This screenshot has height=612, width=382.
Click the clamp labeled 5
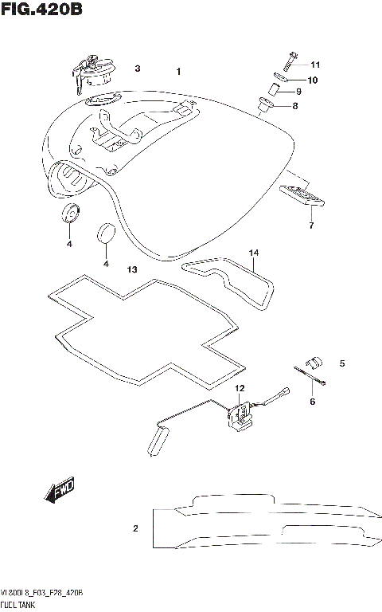(312, 361)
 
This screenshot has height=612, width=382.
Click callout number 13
(132, 270)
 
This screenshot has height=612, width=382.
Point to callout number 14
(254, 253)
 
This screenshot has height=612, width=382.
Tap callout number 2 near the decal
(135, 528)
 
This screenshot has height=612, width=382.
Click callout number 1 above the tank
(179, 72)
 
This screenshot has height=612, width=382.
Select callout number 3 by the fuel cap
(137, 69)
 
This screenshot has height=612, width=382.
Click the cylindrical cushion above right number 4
(105, 233)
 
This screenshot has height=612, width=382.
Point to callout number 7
(311, 226)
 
